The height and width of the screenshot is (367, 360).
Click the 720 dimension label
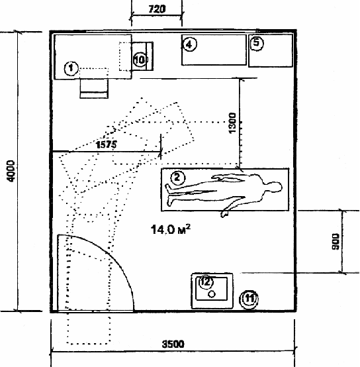157,9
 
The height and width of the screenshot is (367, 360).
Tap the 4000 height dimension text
11,171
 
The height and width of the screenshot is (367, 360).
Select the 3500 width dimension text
173,344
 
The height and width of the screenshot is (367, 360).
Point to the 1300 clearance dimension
232,123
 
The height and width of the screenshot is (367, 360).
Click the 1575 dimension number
106,144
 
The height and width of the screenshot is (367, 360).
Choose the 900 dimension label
336,242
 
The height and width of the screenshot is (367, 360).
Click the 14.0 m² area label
171,229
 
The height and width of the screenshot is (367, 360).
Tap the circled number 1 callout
71,68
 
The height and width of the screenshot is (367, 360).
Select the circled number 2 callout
178,178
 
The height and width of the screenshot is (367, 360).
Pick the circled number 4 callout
189,44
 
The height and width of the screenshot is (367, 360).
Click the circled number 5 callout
257,43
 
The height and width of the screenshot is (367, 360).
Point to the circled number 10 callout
140,60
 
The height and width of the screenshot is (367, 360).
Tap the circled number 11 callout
249,299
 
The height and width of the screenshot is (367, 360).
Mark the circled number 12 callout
206,282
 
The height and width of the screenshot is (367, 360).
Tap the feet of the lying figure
169,194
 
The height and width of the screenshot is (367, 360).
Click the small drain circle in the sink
212,294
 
